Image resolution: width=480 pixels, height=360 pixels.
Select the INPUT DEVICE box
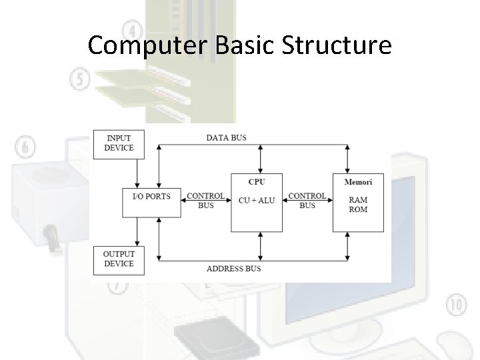click(x=119, y=143)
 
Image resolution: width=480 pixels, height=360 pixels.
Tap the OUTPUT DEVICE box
click(x=119, y=259)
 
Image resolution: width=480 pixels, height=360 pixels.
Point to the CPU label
click(x=256, y=181)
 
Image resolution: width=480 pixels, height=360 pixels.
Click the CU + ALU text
click(x=257, y=200)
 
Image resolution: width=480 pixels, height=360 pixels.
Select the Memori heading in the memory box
click(x=358, y=181)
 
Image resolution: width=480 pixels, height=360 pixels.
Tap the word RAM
click(x=358, y=199)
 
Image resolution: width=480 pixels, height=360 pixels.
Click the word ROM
click(x=358, y=209)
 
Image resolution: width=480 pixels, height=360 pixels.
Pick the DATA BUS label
click(x=226, y=137)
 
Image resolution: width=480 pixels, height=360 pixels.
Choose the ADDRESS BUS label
click(x=233, y=269)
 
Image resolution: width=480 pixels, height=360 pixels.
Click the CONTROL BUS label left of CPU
click(x=205, y=201)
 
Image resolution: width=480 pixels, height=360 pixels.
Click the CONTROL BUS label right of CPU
click(x=307, y=201)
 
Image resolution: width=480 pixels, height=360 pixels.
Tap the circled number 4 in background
click(x=132, y=31)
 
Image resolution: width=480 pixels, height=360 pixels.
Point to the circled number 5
click(x=79, y=80)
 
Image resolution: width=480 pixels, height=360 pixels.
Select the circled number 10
click(x=457, y=305)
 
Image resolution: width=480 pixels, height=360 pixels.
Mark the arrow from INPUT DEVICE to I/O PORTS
click(x=136, y=172)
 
